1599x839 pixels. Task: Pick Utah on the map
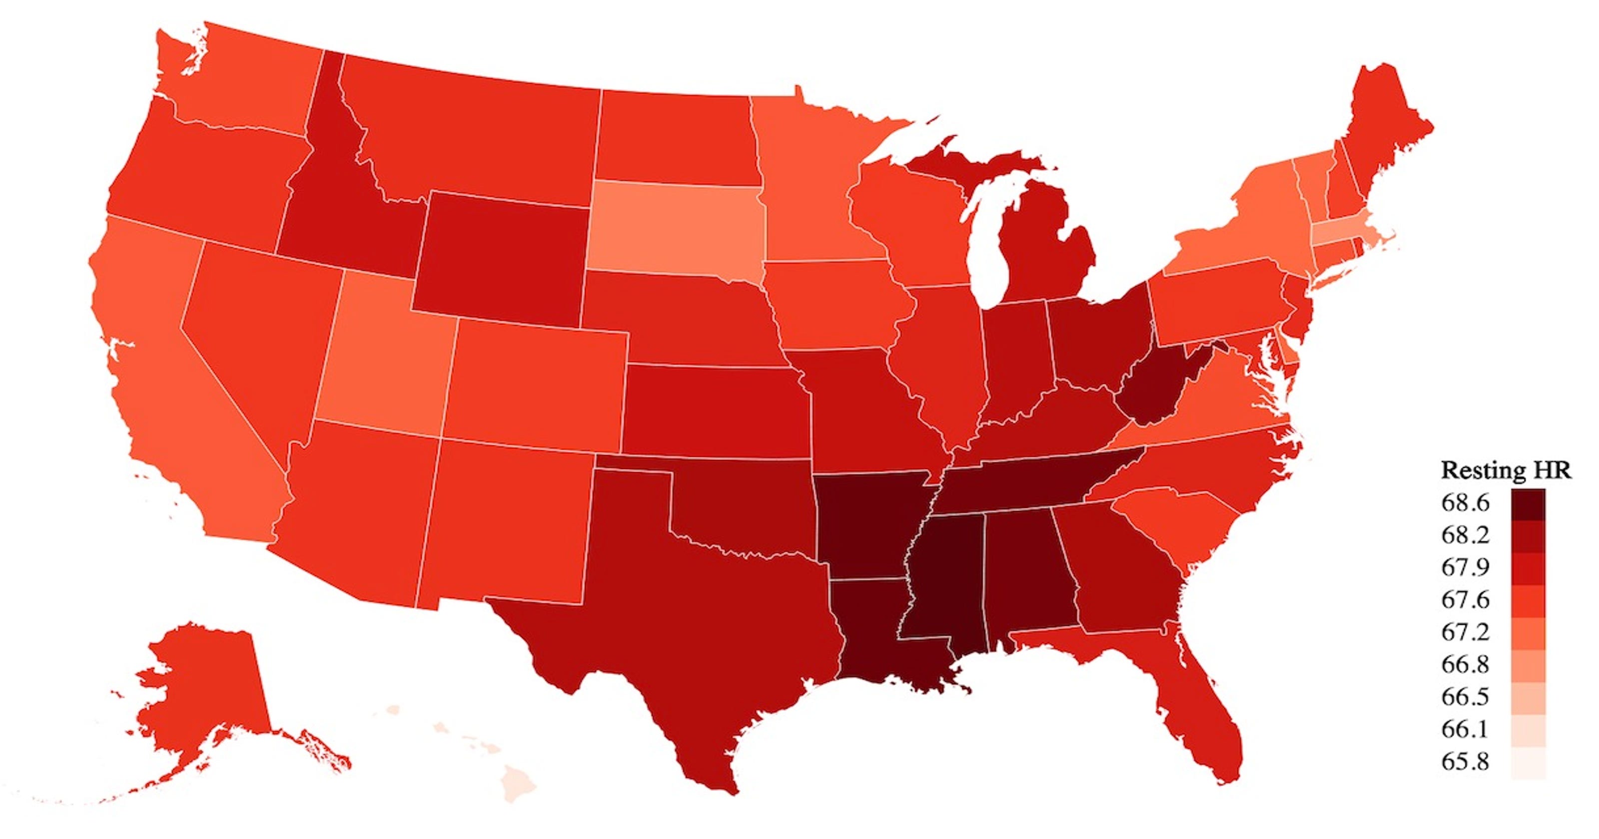tap(385, 360)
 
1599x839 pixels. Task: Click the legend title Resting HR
tap(1505, 470)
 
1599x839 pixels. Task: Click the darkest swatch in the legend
tap(1528, 504)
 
